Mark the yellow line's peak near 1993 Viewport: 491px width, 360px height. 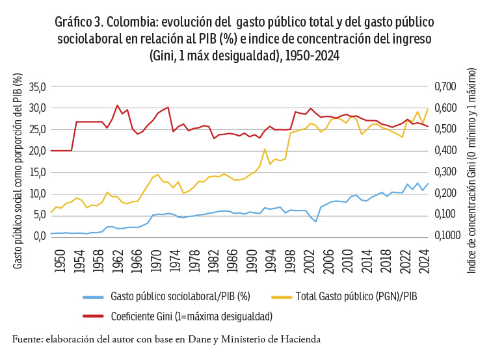pos(265,149)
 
